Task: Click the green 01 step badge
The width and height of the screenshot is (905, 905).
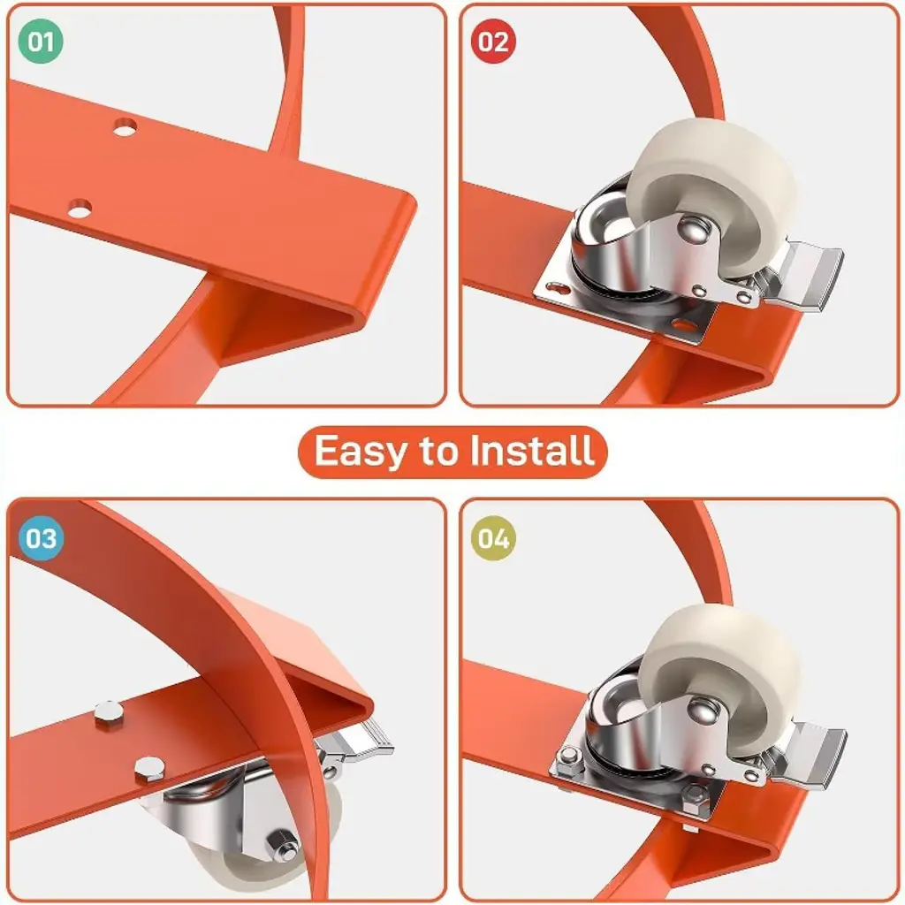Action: coord(41,41)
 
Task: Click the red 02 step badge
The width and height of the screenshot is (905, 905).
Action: coord(493,41)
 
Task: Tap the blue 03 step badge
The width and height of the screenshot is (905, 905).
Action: coord(41,538)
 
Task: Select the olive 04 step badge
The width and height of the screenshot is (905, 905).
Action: coord(493,538)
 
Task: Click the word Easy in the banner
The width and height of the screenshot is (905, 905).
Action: coord(361,452)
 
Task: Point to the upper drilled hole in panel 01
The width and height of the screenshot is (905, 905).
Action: coord(125,127)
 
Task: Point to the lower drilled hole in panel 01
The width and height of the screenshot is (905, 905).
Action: coord(80,209)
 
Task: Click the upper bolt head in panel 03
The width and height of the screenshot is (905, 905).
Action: coord(109,713)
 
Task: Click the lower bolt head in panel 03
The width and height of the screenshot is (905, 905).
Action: coord(149,770)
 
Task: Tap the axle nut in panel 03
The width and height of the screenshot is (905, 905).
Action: coord(283,844)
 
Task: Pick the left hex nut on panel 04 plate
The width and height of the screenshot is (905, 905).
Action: coord(569,757)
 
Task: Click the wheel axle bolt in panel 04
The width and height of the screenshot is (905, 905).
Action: coord(703,710)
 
